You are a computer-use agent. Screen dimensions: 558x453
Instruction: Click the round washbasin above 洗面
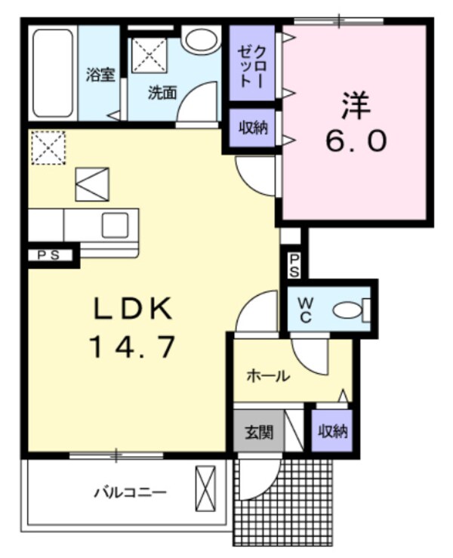click(200, 40)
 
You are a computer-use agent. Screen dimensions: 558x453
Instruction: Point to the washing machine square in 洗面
click(148, 54)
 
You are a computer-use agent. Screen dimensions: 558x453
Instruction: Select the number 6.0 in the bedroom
click(356, 140)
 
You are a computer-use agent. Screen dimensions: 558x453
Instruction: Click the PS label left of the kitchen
click(50, 255)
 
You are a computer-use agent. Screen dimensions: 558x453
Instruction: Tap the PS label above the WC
click(294, 265)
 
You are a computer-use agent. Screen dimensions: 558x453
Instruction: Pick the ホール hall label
click(268, 375)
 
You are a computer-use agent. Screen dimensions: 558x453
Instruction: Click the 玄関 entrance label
click(258, 433)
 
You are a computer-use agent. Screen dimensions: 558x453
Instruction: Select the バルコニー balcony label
click(130, 492)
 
